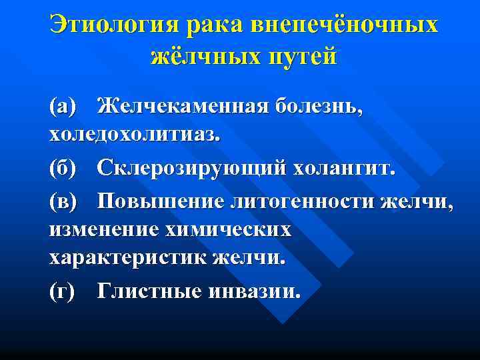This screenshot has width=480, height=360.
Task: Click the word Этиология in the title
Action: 115,25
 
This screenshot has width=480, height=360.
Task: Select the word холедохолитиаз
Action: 133,135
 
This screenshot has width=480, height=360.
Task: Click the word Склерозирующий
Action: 191,167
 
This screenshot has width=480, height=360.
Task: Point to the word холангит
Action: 343,167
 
